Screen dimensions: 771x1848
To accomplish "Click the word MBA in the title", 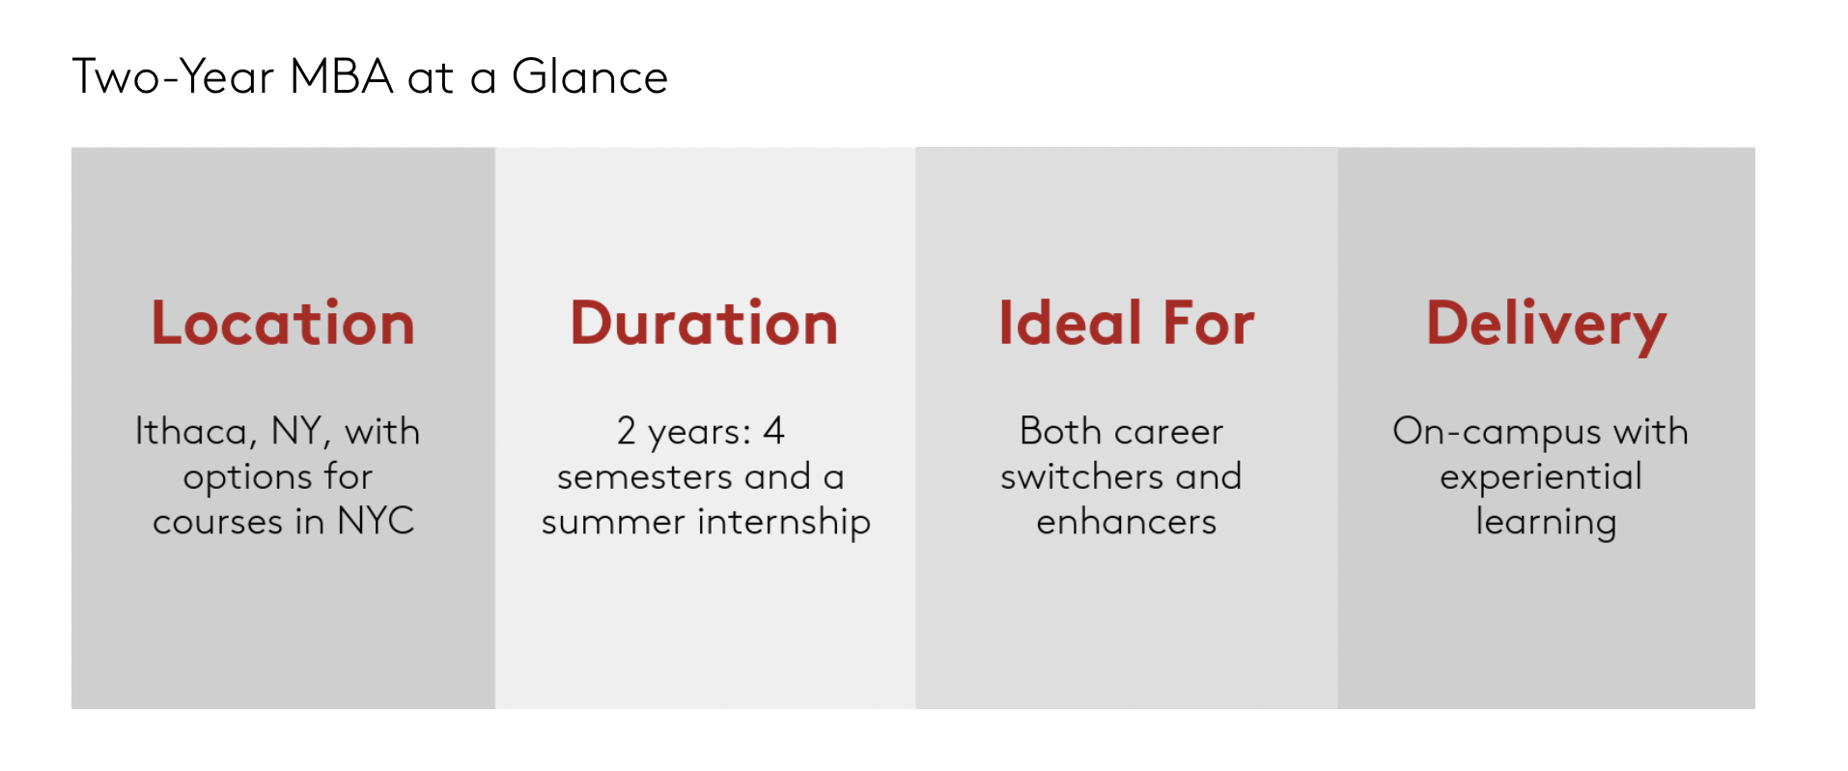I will (341, 77).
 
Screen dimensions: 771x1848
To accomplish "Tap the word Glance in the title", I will (590, 77).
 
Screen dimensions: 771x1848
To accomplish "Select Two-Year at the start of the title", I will (173, 77).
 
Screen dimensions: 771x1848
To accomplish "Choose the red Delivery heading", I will (1546, 325).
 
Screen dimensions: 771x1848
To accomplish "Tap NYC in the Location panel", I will (376, 521).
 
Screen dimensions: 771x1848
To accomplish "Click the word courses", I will (217, 522).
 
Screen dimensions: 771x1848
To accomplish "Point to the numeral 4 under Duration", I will (773, 431).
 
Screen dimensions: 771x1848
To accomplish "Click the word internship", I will (784, 522).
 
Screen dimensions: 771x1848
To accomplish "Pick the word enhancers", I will (1126, 522).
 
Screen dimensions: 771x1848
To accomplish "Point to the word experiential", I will (1541, 477).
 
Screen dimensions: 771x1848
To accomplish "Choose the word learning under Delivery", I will (1545, 523).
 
